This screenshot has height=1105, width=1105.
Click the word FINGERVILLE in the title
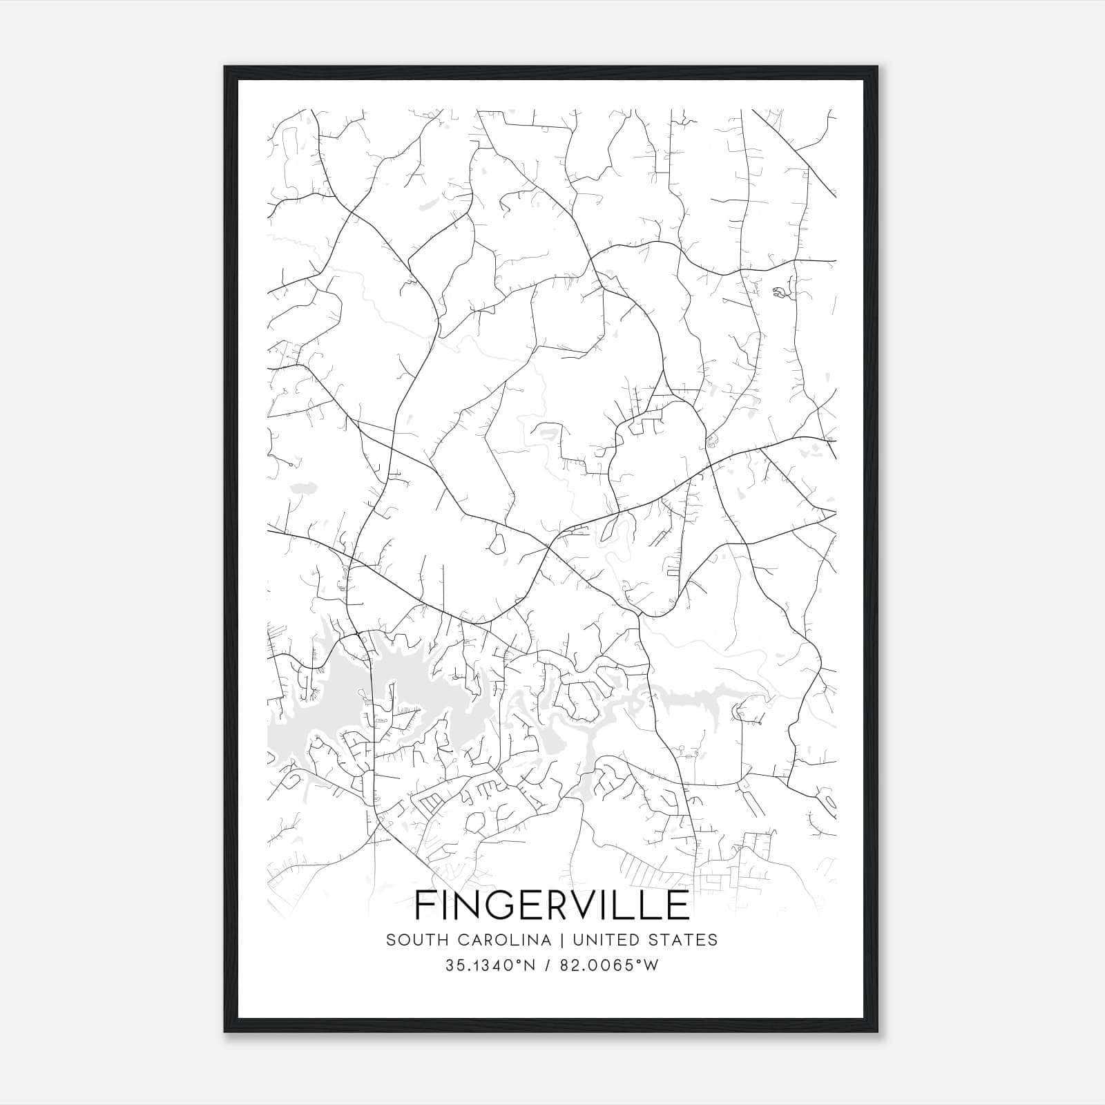pyautogui.click(x=552, y=905)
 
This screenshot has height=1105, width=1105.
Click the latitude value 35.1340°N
pyautogui.click(x=490, y=965)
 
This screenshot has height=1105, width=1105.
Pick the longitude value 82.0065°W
pyautogui.click(x=608, y=965)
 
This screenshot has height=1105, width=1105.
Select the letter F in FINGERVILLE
pyautogui.click(x=424, y=905)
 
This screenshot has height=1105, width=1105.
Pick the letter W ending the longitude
pyautogui.click(x=651, y=965)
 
